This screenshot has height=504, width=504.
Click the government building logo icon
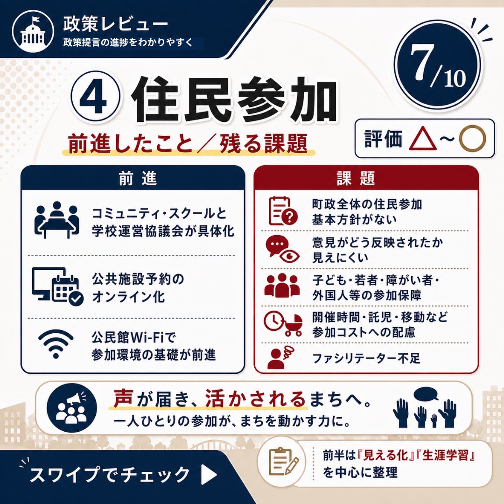[x=33, y=31]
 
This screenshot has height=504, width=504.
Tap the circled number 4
[x=96, y=97]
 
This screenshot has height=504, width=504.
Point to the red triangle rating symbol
[x=423, y=139]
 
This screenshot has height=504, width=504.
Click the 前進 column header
[x=138, y=178]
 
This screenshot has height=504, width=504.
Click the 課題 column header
[x=356, y=178]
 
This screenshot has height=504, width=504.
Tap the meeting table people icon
[x=56, y=220]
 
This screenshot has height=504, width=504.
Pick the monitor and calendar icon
[x=57, y=286]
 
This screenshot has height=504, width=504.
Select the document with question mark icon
[x=283, y=211]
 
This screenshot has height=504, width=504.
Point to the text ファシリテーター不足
[x=366, y=358]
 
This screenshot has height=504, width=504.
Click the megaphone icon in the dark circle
[x=71, y=408]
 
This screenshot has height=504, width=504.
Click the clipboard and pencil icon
[x=282, y=462]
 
